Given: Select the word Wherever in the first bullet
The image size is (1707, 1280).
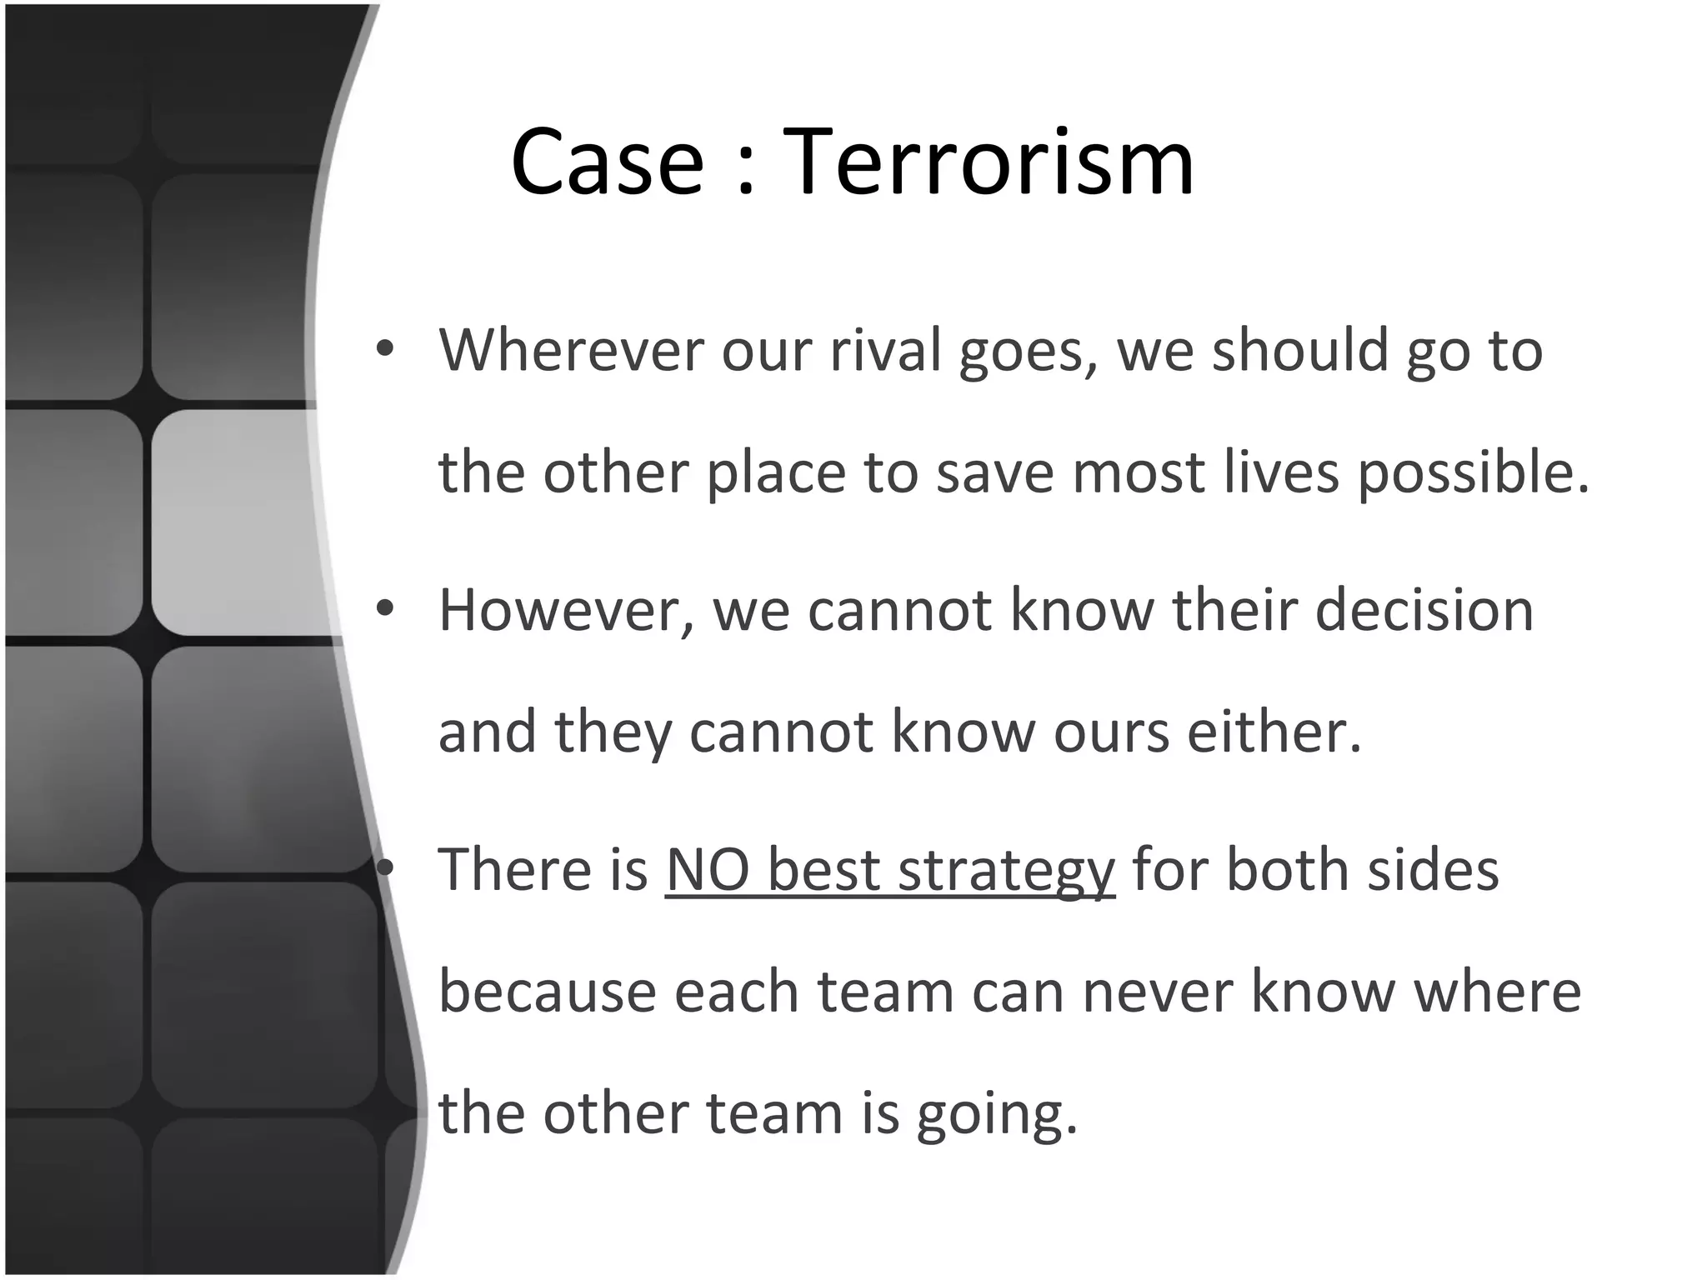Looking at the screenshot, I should tap(571, 350).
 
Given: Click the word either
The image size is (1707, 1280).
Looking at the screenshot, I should tap(1274, 732).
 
